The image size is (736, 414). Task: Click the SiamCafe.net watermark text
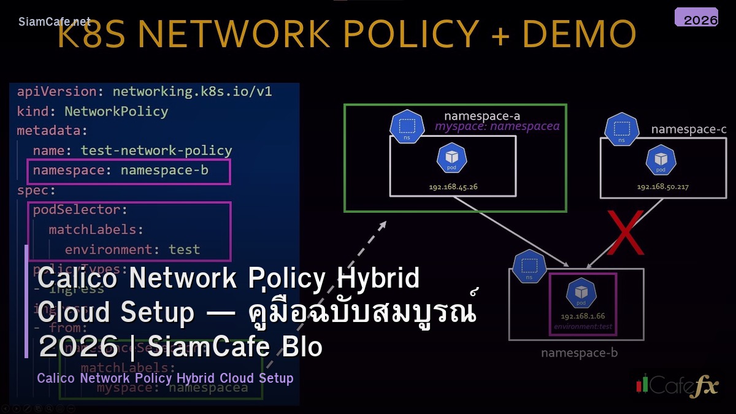(55, 21)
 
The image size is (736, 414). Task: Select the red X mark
(625, 232)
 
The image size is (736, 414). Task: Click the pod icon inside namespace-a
(453, 158)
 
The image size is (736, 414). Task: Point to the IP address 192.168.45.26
(453, 186)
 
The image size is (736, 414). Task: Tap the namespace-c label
(689, 129)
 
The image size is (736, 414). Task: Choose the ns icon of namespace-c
(621, 129)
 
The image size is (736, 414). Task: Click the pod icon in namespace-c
(661, 159)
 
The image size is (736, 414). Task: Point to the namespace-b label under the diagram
(579, 353)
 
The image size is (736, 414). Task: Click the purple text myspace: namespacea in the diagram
(497, 126)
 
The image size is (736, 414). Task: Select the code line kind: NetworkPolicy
(92, 112)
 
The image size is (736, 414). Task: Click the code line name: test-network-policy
(132, 151)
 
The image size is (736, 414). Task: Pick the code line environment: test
(132, 250)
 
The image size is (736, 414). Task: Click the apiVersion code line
(144, 92)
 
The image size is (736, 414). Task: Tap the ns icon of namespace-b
(529, 267)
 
